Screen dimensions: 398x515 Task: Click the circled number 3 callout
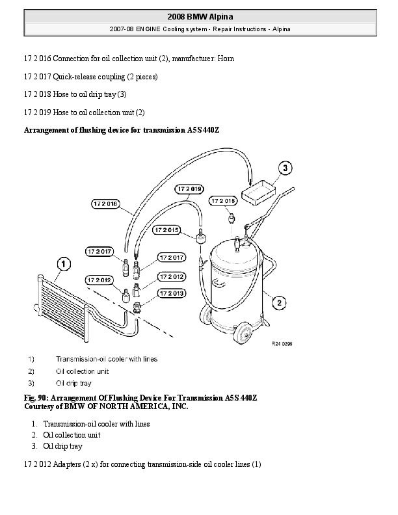pos(285,168)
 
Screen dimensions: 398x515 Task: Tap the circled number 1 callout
pos(64,264)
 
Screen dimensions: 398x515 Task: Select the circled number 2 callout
pos(279,302)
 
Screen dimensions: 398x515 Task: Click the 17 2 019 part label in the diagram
pos(189,189)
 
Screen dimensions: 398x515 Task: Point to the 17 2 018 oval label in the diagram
pos(105,204)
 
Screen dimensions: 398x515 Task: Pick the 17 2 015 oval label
pos(167,230)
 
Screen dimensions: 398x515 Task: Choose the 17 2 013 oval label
pos(172,293)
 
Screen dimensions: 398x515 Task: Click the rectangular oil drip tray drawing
pos(258,192)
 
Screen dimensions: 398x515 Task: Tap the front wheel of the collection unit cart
pos(243,333)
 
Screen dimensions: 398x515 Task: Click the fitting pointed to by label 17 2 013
pos(137,308)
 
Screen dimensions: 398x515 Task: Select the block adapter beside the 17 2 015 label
pos(201,237)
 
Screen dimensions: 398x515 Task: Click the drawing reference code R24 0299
pos(282,344)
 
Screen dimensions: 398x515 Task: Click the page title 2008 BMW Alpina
pos(200,17)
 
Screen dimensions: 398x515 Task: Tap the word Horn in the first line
pos(226,59)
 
